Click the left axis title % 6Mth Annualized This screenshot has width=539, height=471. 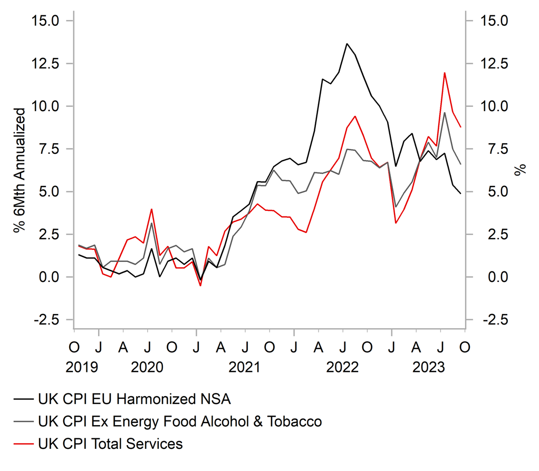tap(20, 171)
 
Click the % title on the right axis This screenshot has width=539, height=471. tap(521, 170)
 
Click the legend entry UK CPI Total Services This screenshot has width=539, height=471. tap(111, 444)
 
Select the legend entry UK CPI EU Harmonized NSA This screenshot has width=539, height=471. tap(134, 399)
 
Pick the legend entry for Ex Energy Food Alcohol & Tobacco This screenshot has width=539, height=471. tap(180, 421)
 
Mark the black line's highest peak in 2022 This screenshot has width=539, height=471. tap(346, 44)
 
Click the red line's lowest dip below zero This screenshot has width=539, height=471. tap(200, 286)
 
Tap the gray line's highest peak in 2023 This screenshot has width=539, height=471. tap(445, 112)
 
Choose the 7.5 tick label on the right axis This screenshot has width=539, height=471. tap(491, 149)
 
